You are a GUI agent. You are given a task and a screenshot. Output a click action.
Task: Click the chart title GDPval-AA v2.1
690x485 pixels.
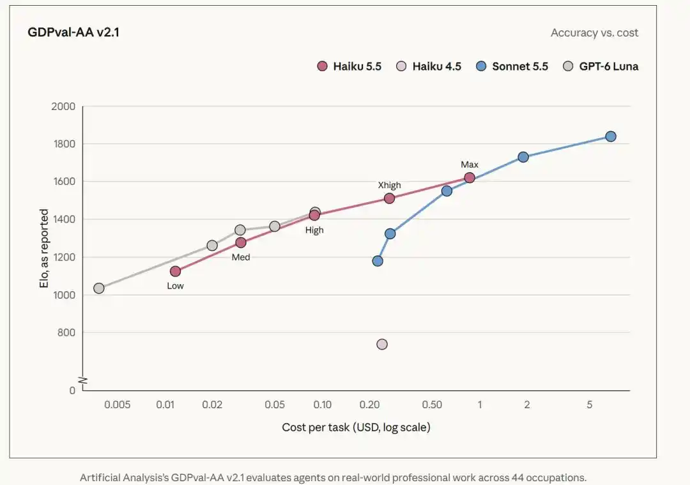[73, 32]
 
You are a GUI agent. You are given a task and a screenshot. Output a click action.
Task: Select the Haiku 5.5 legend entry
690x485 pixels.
[349, 67]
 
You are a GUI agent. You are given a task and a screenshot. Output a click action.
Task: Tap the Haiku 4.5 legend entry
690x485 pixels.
[429, 67]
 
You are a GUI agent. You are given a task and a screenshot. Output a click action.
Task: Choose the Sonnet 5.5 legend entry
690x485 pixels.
[512, 67]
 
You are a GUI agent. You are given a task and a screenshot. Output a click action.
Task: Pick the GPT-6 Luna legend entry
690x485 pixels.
[601, 67]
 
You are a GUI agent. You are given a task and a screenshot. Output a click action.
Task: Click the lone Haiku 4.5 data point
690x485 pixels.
[382, 344]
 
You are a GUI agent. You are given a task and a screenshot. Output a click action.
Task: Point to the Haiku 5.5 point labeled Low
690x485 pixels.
[175, 271]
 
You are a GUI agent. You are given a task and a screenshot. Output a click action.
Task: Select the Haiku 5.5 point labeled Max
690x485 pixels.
[470, 178]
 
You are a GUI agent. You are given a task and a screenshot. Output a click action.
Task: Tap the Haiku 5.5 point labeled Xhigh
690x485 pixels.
[389, 198]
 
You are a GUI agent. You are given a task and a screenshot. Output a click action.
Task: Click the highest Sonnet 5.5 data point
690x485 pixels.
[610, 136]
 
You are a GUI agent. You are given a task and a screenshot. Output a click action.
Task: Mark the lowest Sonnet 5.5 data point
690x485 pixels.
[378, 261]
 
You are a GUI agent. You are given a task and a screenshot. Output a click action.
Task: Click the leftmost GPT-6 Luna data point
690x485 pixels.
[99, 288]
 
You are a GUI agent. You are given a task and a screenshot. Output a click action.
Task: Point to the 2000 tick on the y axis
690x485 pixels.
[63, 107]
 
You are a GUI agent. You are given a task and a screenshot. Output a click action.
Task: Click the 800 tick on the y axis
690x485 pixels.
[66, 333]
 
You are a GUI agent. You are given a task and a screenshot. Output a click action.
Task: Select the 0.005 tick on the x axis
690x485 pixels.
[117, 405]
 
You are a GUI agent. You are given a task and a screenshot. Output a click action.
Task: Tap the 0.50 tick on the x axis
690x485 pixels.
[432, 405]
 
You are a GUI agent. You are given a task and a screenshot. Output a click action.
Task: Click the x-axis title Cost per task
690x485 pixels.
[356, 427]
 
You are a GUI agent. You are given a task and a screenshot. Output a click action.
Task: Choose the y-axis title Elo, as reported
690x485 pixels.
[44, 248]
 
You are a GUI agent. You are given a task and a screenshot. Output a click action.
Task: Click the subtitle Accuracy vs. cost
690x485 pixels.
[595, 33]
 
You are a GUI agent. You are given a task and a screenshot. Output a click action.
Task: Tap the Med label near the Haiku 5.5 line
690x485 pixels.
[241, 257]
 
